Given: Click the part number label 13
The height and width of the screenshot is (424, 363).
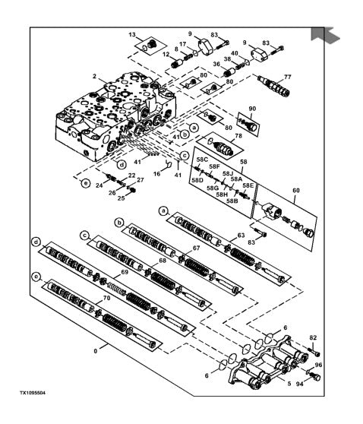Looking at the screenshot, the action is (132, 35).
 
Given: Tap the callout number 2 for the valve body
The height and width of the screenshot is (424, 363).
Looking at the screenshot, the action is (94, 77).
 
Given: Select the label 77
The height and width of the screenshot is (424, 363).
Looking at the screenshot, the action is (288, 77).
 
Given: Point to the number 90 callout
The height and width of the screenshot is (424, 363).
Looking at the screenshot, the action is (252, 109).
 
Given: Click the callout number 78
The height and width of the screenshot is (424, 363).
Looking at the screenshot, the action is (238, 136).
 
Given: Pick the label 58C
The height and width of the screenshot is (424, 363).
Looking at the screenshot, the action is (202, 160).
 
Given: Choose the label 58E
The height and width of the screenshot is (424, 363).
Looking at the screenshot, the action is (248, 185).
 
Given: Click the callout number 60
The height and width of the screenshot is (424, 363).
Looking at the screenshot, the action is (296, 191).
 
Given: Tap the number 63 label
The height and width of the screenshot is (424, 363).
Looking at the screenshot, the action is (241, 236).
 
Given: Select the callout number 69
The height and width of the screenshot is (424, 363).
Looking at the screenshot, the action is (125, 272).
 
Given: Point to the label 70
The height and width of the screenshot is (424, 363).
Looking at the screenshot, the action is (107, 298).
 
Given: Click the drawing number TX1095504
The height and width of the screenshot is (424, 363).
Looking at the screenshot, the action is (32, 393).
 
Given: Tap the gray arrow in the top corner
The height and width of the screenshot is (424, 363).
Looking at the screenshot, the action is (324, 35).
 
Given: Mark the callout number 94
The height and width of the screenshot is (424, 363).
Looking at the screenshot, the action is (300, 384).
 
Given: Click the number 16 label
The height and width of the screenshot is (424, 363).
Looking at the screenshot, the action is (156, 173).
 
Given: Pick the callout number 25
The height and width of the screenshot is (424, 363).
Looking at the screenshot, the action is (121, 198).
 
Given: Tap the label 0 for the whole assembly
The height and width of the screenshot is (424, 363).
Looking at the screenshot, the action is (96, 351).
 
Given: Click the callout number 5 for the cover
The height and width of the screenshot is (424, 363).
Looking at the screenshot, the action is (289, 384).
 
